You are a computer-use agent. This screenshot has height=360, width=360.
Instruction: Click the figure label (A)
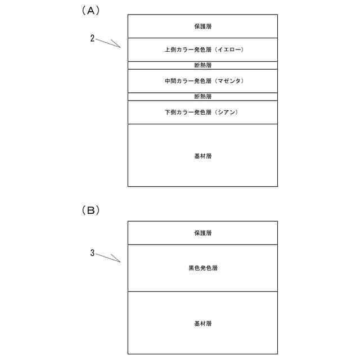tap(90, 10)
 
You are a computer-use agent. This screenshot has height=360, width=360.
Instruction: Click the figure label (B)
tap(90, 210)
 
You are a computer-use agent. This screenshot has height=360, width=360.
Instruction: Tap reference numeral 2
tap(92, 39)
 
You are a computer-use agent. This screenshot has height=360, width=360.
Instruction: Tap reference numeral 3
tap(92, 253)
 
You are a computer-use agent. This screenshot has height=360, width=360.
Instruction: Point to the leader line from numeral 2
tap(108, 43)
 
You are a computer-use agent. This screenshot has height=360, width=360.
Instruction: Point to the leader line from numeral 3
tap(108, 258)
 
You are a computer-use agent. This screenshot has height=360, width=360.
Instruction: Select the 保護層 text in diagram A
tap(202, 26)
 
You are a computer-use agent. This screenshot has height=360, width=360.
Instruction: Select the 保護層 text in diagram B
tap(202, 233)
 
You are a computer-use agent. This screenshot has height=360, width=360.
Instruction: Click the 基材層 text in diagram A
tap(202, 155)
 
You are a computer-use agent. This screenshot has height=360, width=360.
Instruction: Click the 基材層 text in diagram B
tap(202, 323)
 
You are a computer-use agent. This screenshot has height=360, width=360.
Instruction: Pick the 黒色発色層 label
tap(202, 268)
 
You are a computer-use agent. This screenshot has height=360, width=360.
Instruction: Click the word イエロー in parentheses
tap(229, 50)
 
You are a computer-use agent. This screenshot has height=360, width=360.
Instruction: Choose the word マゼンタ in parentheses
tap(229, 82)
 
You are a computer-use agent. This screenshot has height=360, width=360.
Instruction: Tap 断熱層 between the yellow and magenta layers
tap(202, 65)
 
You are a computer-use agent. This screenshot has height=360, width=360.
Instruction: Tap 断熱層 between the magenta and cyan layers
tap(202, 97)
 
